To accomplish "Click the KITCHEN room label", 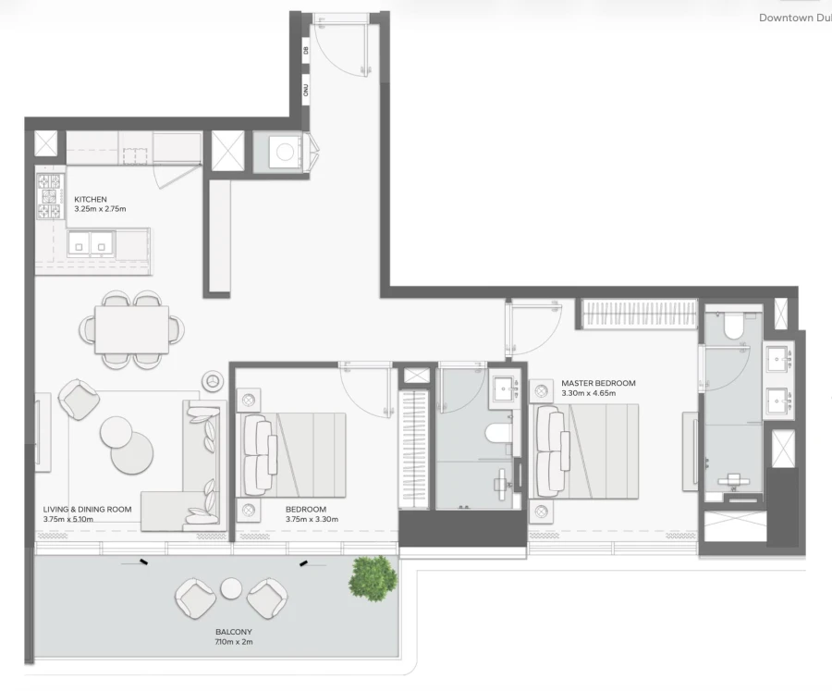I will click(x=91, y=199).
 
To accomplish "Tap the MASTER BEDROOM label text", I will click(x=598, y=383).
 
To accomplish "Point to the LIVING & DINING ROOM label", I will click(x=87, y=509).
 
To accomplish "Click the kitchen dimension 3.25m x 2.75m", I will click(x=100, y=209).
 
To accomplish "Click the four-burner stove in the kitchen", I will click(x=49, y=196).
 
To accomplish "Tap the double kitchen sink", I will click(x=90, y=245).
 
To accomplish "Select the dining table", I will click(x=131, y=329).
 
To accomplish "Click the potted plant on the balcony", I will click(x=373, y=577).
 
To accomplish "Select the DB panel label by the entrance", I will click(x=306, y=52).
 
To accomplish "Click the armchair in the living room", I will click(x=79, y=399).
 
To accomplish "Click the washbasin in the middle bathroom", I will click(x=504, y=388).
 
